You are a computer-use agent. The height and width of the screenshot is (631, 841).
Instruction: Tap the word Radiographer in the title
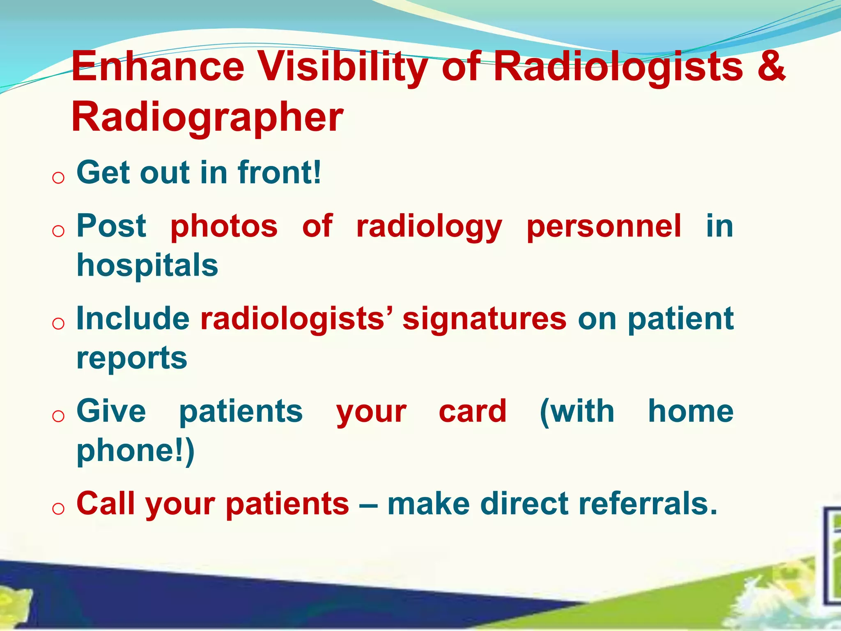pos(207,118)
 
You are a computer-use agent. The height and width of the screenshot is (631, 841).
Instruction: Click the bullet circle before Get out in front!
pos(58,178)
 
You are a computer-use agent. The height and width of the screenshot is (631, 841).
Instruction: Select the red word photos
pos(224,226)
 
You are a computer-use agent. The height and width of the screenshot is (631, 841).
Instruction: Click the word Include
pos(133,319)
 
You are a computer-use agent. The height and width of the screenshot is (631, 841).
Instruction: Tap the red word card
pos(473,412)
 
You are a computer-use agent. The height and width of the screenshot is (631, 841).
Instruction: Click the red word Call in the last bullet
pos(105,504)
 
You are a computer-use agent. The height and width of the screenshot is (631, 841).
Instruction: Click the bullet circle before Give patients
pos(58,416)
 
